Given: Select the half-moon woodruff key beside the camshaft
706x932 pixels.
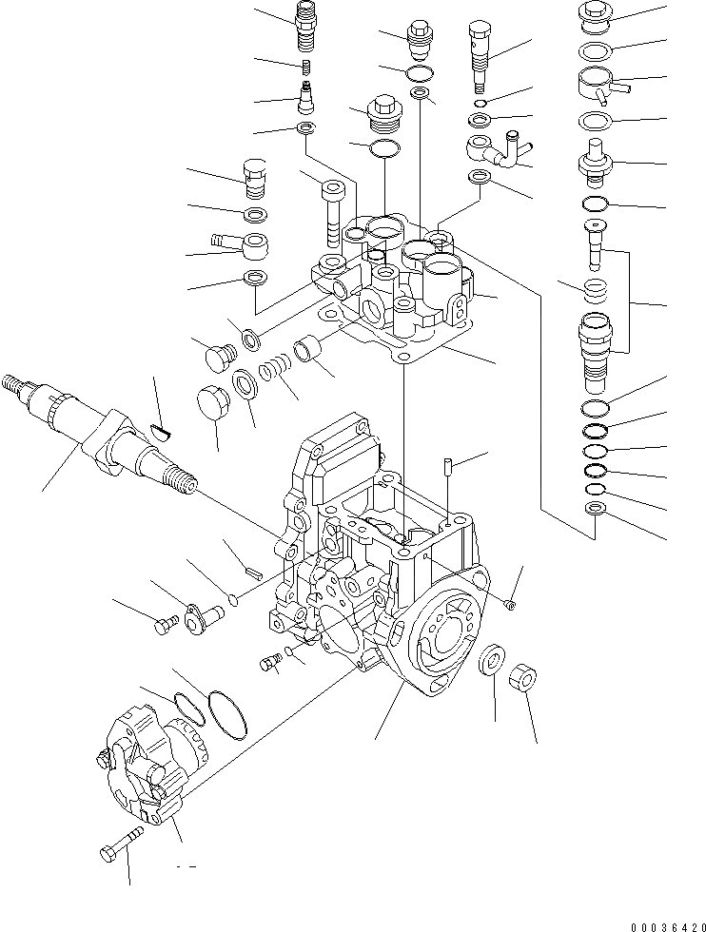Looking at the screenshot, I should pos(162,433).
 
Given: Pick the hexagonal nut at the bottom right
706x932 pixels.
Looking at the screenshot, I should pos(522,681).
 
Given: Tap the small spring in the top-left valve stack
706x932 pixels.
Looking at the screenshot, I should pos(307,68).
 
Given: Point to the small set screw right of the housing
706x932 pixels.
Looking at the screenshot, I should pos(511,603).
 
